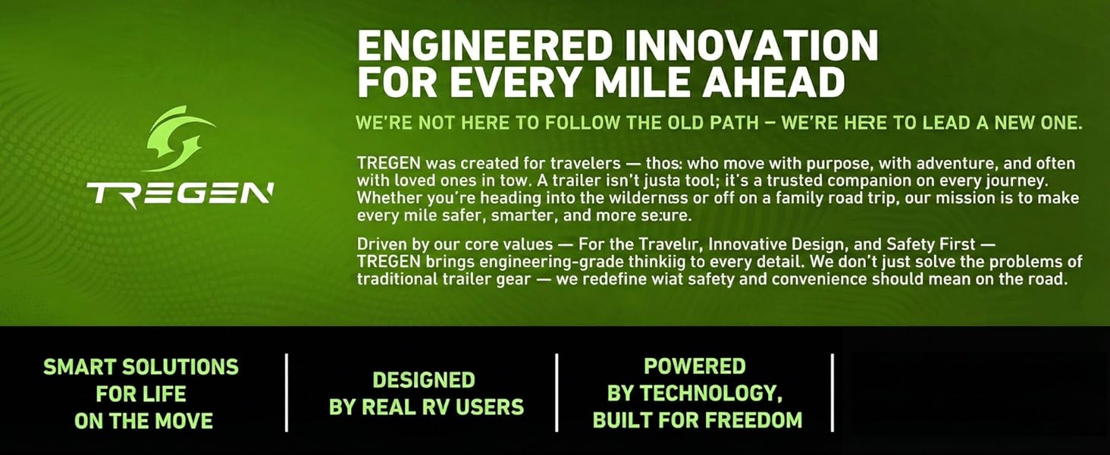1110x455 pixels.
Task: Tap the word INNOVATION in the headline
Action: [x=751, y=45]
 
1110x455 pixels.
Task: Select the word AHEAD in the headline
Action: [x=774, y=82]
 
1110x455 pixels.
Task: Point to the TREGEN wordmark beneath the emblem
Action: [x=180, y=194]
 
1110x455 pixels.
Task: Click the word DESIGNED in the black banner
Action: [x=424, y=380]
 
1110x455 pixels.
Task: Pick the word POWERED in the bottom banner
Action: [x=695, y=366]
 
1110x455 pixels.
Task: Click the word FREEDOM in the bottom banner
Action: [x=754, y=420]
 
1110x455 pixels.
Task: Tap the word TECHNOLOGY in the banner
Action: [x=710, y=394]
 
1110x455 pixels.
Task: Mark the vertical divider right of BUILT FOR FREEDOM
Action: [x=832, y=393]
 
